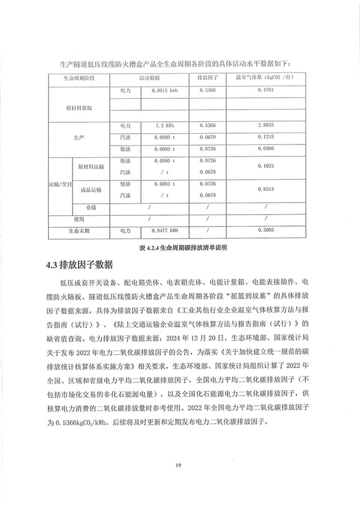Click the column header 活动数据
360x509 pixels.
click(149, 79)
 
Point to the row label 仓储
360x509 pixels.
click(91, 207)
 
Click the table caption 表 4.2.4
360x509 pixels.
click(180, 246)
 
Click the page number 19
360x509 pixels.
click(178, 465)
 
